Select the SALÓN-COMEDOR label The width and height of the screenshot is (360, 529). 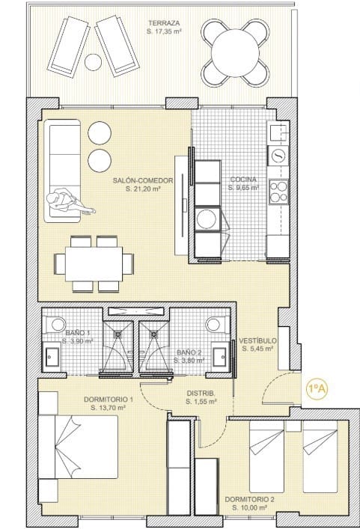pos(144,180)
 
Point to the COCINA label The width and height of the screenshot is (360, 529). pos(244,180)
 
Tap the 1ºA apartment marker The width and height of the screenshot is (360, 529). pos(317,388)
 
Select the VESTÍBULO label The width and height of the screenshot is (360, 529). pos(258,340)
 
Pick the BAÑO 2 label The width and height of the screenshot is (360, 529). pos(189,352)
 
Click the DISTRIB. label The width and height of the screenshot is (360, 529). pos(201,393)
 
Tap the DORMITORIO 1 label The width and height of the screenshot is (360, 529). pos(110,400)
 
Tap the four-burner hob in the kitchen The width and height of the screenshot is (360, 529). pos(278,192)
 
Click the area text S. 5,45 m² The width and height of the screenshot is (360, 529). pos(258,348)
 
